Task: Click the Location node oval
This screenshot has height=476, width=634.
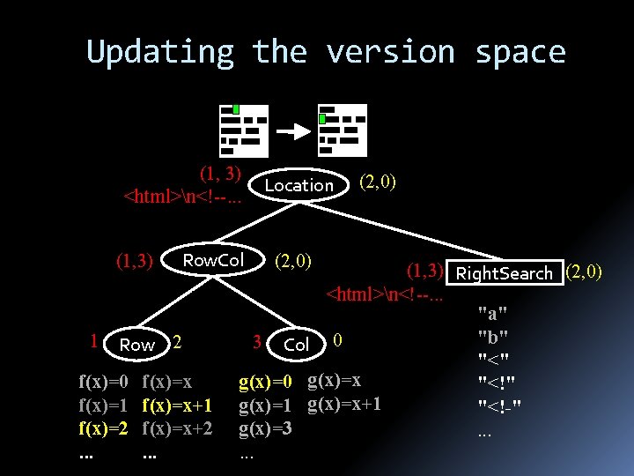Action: [x=299, y=185]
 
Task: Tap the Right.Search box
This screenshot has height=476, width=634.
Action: [x=505, y=273]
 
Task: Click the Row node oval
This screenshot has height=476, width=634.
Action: [x=136, y=345]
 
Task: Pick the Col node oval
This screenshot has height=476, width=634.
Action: [x=297, y=345]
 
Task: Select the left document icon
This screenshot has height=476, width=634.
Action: [x=244, y=129]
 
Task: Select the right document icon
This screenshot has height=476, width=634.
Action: [x=342, y=129]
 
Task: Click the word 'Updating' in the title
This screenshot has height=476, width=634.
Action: [x=160, y=52]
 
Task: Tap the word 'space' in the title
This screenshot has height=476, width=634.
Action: [x=520, y=52]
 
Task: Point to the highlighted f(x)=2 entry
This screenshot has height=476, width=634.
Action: [x=104, y=428]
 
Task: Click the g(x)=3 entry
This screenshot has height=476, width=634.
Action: [x=265, y=428]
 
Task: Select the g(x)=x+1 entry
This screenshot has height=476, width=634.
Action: [x=344, y=405]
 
